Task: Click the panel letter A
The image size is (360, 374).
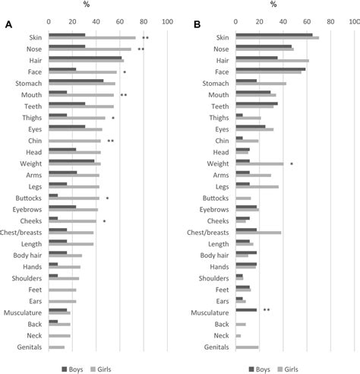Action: click(8, 25)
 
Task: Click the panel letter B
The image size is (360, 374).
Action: click(197, 25)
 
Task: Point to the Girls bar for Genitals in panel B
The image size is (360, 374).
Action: click(248, 347)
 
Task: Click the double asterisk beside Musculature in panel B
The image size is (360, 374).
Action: click(267, 310)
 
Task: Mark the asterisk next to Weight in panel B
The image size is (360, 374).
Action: click(292, 164)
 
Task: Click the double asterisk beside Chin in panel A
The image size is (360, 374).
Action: click(111, 141)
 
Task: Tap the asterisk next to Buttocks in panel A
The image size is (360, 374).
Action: click(108, 198)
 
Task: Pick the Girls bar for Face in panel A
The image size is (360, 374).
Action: click(84, 72)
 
